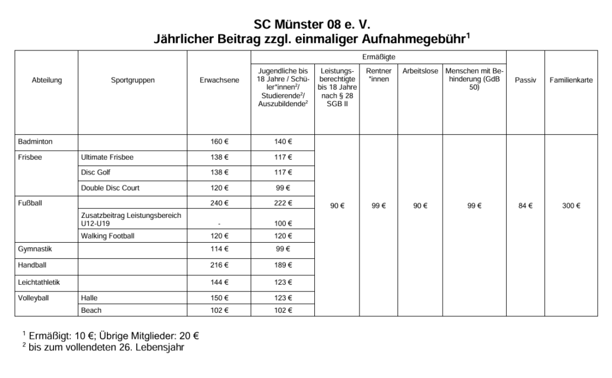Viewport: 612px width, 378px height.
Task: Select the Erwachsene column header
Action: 219,80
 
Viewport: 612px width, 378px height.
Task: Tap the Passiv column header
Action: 525,80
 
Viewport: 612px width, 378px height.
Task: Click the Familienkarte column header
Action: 571,80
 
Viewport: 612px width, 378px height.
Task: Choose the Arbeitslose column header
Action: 420,71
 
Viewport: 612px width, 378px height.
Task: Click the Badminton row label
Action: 36,142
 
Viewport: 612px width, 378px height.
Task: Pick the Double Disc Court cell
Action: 110,188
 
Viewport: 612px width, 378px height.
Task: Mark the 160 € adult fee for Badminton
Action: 219,142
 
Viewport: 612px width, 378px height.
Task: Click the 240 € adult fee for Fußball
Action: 219,204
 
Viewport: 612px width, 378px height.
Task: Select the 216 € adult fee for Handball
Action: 219,265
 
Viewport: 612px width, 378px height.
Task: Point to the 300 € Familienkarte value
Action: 571,206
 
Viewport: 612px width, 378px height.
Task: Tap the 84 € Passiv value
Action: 525,206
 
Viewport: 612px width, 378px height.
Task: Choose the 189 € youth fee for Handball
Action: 283,265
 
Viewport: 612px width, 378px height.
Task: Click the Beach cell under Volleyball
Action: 91,310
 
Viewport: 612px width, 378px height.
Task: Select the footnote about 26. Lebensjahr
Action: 103,347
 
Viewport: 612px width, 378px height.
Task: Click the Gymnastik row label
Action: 35,249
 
